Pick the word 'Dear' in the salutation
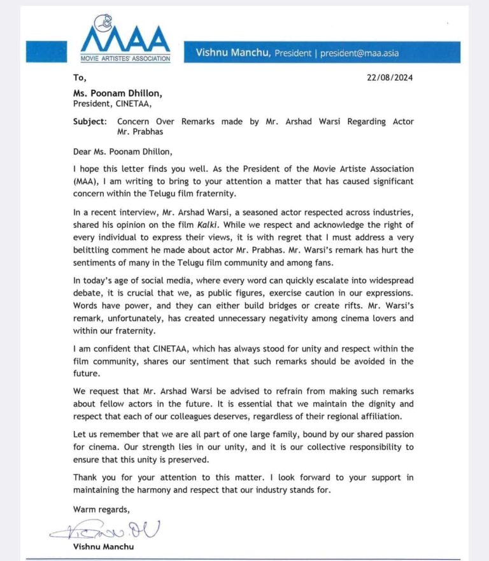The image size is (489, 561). (x=85, y=151)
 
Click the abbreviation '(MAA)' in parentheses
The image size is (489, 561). (x=87, y=181)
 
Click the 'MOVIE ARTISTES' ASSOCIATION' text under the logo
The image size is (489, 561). (x=125, y=58)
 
